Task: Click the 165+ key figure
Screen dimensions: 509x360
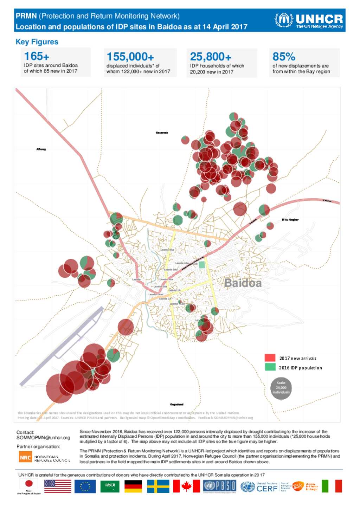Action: click(x=37, y=56)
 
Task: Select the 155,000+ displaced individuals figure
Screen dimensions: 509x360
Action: click(x=130, y=57)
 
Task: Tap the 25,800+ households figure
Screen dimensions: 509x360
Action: click(x=211, y=57)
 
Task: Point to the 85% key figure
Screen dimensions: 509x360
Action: click(x=284, y=57)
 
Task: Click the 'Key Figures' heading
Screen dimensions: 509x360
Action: click(x=37, y=42)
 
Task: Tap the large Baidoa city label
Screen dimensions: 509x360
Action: click(x=243, y=283)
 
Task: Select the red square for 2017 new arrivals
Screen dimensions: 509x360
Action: click(x=270, y=358)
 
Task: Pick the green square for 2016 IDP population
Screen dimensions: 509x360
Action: click(x=270, y=367)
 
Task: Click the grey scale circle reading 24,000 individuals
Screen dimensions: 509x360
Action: click(x=281, y=388)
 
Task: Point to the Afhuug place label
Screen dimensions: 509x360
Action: click(x=41, y=149)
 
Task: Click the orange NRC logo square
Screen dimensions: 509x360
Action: click(x=25, y=457)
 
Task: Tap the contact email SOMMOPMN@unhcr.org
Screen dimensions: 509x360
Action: click(x=43, y=438)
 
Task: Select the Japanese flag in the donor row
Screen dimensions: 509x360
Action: click(x=29, y=484)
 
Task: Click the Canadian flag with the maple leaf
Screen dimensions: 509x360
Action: click(x=186, y=487)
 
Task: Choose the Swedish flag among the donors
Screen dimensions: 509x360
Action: click(x=158, y=487)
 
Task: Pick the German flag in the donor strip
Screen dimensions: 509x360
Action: click(x=133, y=487)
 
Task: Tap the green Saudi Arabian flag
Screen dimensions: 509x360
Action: click(x=110, y=487)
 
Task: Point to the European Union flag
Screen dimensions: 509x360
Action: click(x=85, y=487)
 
